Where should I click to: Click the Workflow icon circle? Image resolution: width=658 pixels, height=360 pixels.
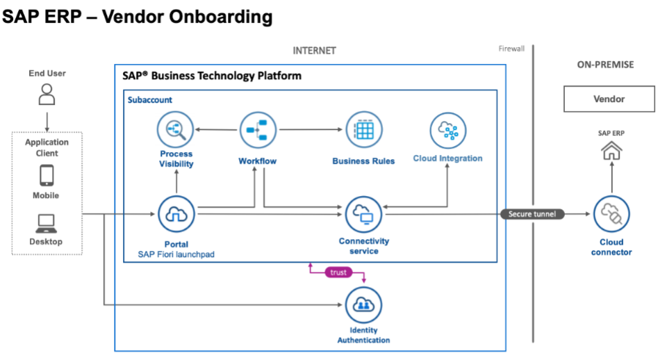click(x=258, y=131)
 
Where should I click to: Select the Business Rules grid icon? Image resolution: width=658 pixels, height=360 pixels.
click(x=364, y=130)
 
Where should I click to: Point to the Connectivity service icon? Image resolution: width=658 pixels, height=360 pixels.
click(x=363, y=215)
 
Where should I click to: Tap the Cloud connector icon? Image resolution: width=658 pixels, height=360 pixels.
click(x=611, y=214)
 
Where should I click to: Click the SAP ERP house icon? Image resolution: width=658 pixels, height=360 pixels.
click(x=611, y=150)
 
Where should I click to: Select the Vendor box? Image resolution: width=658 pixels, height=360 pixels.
click(x=609, y=99)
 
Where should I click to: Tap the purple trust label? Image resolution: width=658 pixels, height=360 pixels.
click(x=338, y=272)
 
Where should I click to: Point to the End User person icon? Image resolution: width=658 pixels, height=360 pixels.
click(x=47, y=94)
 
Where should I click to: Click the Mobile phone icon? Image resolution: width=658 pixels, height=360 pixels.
click(x=47, y=175)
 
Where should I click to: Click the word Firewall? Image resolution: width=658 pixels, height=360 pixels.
click(x=513, y=49)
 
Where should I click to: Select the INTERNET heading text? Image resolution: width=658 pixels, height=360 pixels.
click(x=314, y=51)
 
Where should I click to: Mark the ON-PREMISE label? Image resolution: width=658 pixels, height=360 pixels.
click(x=605, y=65)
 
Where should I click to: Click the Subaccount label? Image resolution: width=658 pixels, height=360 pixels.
click(x=149, y=100)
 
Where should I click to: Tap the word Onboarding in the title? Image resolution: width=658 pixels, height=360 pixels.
click(x=187, y=17)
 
